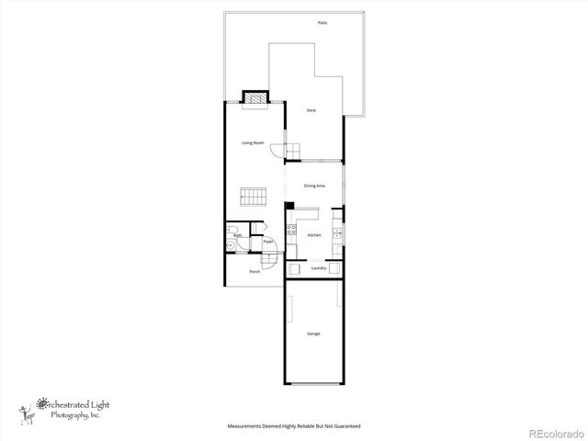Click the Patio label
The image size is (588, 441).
322,21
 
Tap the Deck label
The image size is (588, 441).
311,110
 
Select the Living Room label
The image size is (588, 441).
254,143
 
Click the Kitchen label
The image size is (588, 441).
314,236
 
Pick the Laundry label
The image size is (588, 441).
319,268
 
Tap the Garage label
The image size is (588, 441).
314,334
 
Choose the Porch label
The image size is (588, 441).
254,272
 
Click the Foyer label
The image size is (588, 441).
270,243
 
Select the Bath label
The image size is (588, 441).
237,236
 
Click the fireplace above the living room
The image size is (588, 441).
254,98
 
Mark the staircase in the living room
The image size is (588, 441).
253,198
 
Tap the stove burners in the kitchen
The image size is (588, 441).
290,230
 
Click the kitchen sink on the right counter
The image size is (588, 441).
337,233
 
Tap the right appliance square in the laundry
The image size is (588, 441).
336,268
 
